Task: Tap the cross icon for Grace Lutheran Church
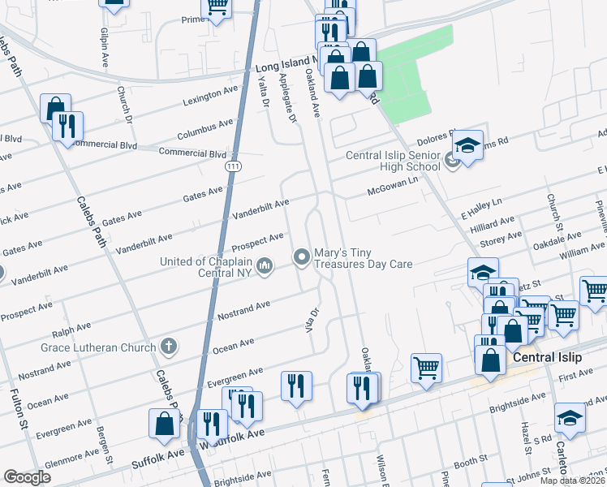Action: [169, 347]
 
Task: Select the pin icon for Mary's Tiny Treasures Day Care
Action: [303, 257]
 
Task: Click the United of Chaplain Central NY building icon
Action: [265, 265]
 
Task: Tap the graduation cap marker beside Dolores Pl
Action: [468, 146]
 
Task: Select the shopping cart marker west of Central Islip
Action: [426, 368]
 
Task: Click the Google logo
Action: [27, 477]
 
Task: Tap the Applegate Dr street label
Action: [287, 97]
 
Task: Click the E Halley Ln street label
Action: [482, 206]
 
